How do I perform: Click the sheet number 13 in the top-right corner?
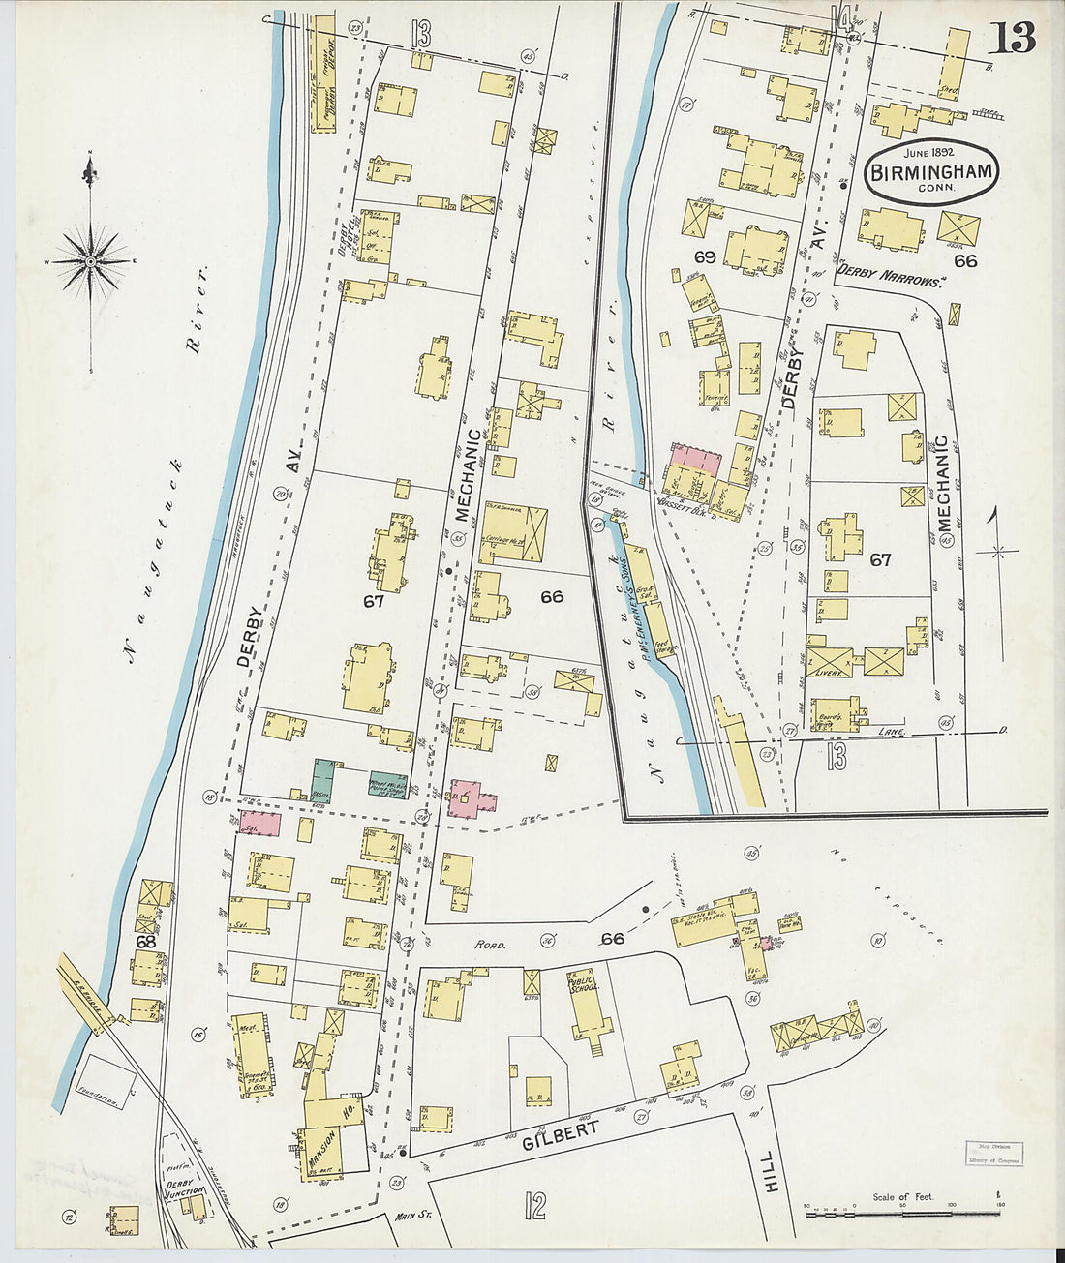coord(1013,37)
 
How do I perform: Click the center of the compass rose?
coord(90,261)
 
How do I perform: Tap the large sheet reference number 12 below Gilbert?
coord(534,1205)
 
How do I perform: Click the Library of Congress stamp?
coord(994,1153)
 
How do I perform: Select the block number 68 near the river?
coord(145,941)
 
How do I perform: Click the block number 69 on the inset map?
coord(704,256)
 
